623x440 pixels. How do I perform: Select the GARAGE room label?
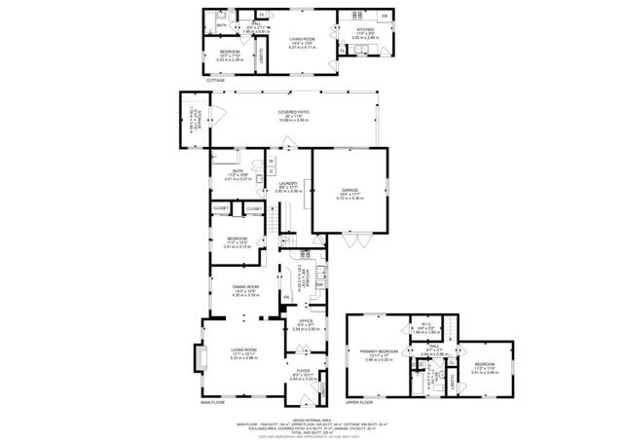pyautogui.click(x=349, y=191)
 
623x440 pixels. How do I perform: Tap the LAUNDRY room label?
pyautogui.click(x=287, y=184)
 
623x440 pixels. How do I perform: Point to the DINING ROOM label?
pyautogui.click(x=245, y=287)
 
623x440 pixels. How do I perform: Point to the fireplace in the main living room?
pyautogui.click(x=201, y=358)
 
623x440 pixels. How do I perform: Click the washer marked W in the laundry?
pyautogui.click(x=272, y=161)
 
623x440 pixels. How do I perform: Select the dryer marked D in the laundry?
pyautogui.click(x=272, y=173)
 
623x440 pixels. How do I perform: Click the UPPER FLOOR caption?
pyautogui.click(x=359, y=401)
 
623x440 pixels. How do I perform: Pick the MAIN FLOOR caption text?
pyautogui.click(x=213, y=401)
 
